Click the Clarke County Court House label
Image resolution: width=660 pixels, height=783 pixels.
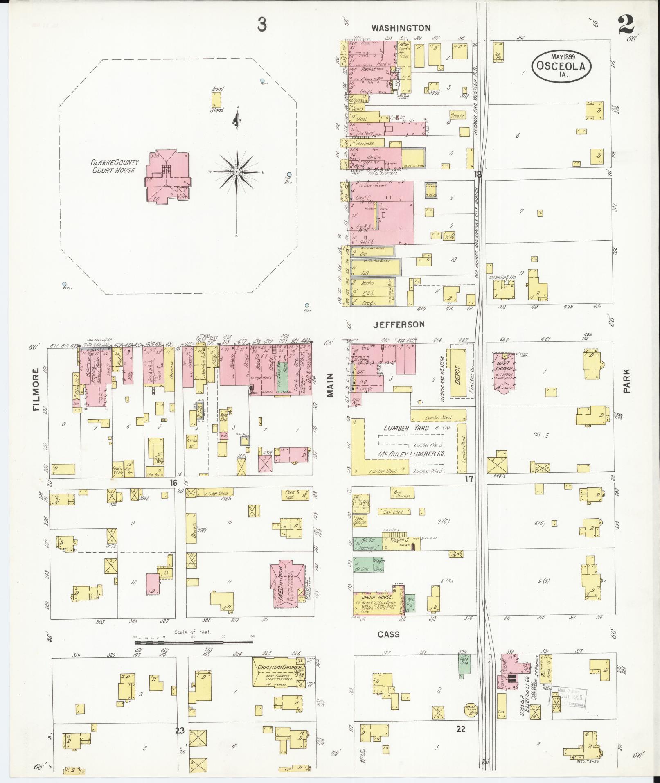tap(115, 166)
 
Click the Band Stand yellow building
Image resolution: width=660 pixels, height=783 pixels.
tap(216, 99)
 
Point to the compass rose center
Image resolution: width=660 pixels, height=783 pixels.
tap(237, 172)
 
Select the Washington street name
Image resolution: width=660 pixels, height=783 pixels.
tap(401, 28)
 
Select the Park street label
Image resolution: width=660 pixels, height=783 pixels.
tap(627, 381)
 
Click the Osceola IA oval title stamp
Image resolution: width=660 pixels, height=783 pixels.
tap(561, 65)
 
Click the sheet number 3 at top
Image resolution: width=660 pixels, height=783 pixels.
tap(262, 25)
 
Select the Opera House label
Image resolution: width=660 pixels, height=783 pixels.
tap(372, 597)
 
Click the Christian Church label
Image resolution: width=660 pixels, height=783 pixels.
tap(277, 667)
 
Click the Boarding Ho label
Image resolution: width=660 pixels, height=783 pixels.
tap(502, 277)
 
